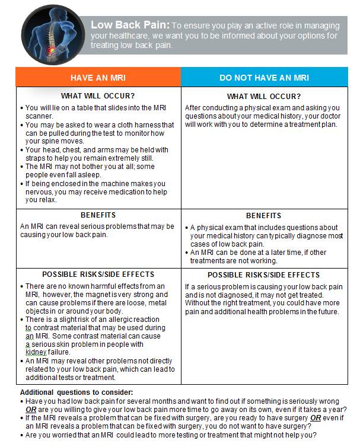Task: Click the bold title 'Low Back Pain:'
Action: tap(130, 25)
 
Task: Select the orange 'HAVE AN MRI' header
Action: tap(98, 78)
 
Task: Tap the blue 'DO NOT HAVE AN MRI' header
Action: tap(264, 78)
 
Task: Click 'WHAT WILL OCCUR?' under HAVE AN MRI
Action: tap(98, 96)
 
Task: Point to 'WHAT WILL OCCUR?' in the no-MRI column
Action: tap(264, 97)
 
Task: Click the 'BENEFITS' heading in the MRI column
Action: tap(98, 215)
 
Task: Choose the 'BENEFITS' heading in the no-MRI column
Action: tap(264, 215)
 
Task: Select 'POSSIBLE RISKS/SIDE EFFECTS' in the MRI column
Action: tap(98, 274)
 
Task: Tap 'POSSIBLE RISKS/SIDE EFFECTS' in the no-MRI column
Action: tap(264, 275)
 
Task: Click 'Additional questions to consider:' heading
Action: tap(77, 392)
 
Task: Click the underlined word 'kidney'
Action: tap(37, 353)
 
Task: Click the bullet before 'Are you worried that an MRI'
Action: tap(23, 435)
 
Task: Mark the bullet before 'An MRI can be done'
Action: tap(186, 252)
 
